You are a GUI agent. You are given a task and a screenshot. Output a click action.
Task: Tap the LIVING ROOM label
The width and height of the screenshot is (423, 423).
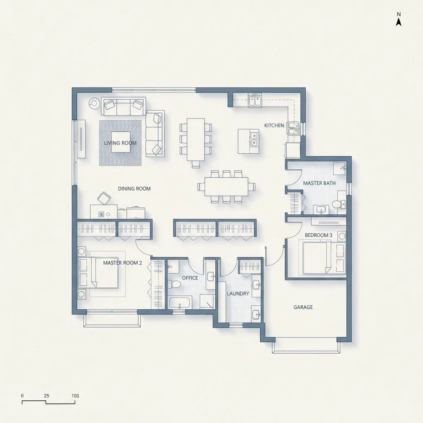[120, 143]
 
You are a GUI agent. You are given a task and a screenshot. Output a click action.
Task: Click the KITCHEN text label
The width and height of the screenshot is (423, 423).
[274, 126]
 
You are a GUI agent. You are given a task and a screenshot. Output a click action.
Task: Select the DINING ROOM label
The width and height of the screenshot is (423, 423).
[134, 188]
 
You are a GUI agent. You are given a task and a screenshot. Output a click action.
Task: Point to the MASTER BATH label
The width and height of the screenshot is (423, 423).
[319, 183]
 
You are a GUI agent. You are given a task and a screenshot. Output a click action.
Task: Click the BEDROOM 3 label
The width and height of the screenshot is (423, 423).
[318, 235]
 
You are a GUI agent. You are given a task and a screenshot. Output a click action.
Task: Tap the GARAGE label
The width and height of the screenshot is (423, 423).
[303, 307]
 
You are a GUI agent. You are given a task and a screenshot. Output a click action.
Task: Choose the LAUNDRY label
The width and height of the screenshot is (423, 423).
[238, 294]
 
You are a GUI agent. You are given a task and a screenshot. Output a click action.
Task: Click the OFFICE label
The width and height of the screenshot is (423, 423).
[190, 278]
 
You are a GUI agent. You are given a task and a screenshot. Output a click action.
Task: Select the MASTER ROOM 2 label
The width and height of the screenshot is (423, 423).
[122, 263]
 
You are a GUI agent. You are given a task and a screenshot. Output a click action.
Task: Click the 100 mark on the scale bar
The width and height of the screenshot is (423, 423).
[75, 396]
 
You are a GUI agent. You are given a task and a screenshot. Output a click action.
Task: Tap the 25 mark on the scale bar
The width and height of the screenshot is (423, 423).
[46, 396]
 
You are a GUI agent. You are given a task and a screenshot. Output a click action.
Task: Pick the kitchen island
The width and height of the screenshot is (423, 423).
[248, 141]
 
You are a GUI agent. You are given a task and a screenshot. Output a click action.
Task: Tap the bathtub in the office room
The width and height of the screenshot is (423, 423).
[180, 302]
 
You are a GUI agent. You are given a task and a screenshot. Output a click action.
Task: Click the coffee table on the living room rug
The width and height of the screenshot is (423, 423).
[121, 142]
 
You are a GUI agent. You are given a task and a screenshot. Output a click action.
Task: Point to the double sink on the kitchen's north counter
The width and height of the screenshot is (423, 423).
[255, 101]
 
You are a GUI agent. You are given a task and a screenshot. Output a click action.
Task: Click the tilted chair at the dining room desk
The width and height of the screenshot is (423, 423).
[104, 198]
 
